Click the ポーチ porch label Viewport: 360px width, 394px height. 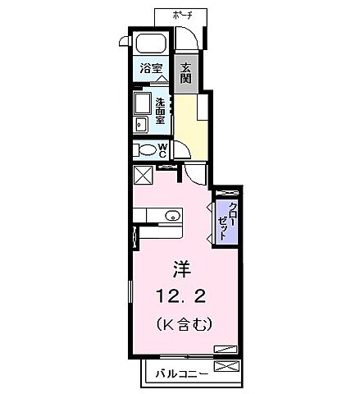pyautogui.click(x=181, y=15)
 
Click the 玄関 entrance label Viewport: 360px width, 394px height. pyautogui.click(x=186, y=70)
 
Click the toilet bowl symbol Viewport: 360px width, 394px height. pyautogui.click(x=148, y=150)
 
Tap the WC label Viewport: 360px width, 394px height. pyautogui.click(x=162, y=150)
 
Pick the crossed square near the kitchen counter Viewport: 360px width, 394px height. pyautogui.click(x=144, y=176)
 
